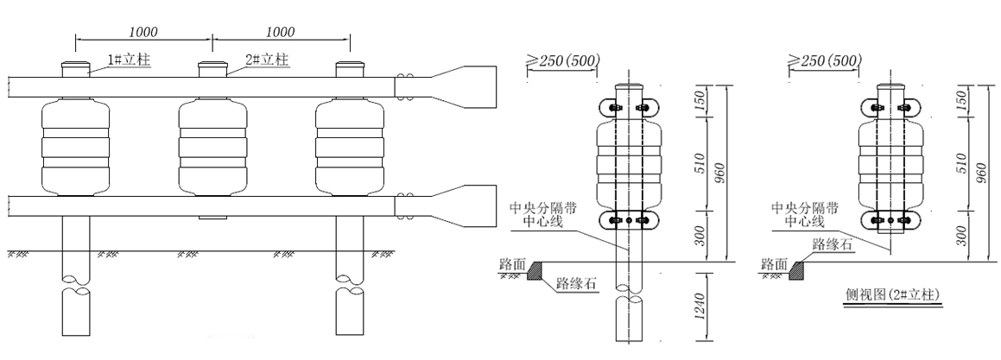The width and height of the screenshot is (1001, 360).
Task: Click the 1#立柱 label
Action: tap(129, 59)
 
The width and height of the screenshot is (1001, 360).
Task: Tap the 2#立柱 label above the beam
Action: tap(266, 59)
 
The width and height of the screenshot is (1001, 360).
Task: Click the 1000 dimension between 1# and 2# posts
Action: tap(143, 32)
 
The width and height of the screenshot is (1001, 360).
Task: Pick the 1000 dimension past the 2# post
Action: tap(281, 32)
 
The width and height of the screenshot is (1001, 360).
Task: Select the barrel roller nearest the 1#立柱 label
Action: tap(76, 147)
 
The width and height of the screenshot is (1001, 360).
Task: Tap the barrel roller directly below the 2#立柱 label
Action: tap(213, 147)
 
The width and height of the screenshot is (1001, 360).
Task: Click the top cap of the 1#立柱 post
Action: tap(76, 68)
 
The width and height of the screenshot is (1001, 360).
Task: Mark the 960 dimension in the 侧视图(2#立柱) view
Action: tap(980, 172)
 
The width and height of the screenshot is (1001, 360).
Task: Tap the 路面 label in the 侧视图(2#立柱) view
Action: tap(775, 262)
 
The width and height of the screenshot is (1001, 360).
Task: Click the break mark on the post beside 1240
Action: tap(628, 299)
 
